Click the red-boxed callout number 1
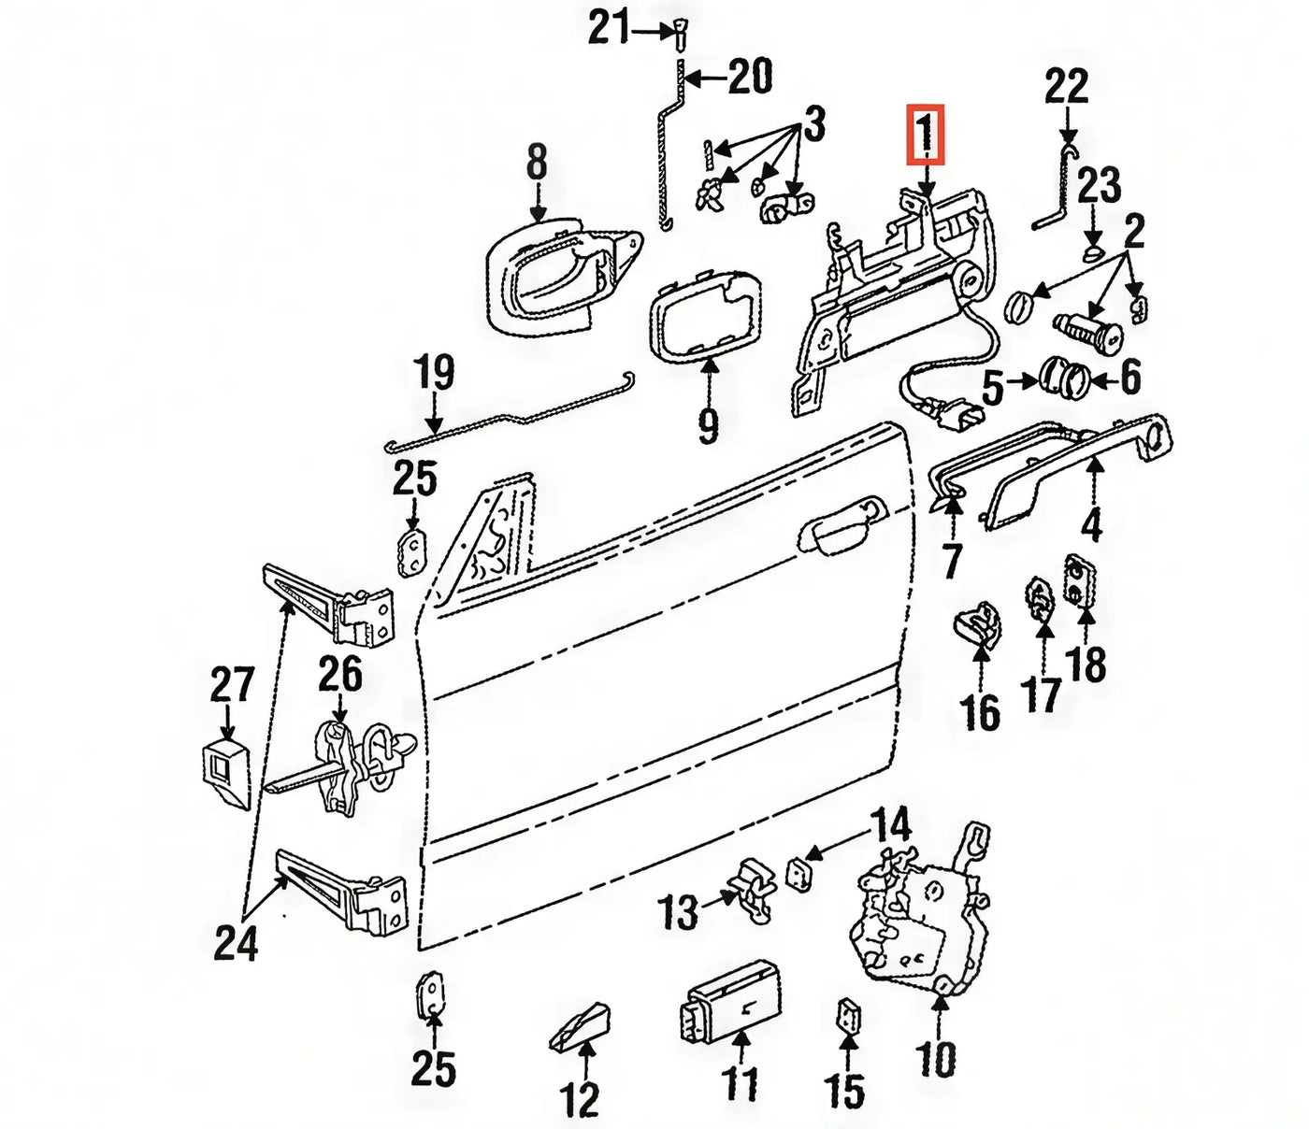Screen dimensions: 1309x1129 click(926, 135)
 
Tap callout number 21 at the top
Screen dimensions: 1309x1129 click(610, 28)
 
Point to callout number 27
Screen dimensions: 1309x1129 click(231, 683)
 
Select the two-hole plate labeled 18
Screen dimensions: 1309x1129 click(1079, 581)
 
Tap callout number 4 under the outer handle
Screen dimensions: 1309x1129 click(1091, 525)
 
